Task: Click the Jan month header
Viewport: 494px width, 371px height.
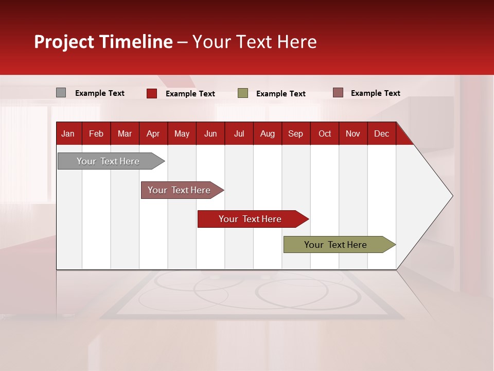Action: pos(68,133)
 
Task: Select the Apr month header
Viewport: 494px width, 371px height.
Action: pos(153,133)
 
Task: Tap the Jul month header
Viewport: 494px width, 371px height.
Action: pos(239,133)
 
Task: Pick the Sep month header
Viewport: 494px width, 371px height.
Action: pos(295,133)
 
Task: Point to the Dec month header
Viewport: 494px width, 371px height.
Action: pos(381,133)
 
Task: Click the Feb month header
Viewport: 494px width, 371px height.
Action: pos(96,133)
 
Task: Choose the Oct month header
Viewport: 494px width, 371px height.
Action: pos(325,133)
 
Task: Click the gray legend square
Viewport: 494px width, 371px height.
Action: pos(61,93)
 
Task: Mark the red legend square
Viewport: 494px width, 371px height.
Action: pos(151,93)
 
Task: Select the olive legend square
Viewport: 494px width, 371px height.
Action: pos(243,93)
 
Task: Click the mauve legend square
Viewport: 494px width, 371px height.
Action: pos(338,93)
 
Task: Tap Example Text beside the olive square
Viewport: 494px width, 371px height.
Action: pos(281,94)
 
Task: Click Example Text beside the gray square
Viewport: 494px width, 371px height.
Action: pos(100,93)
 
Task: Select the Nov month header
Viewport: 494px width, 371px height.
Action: pos(353,133)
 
